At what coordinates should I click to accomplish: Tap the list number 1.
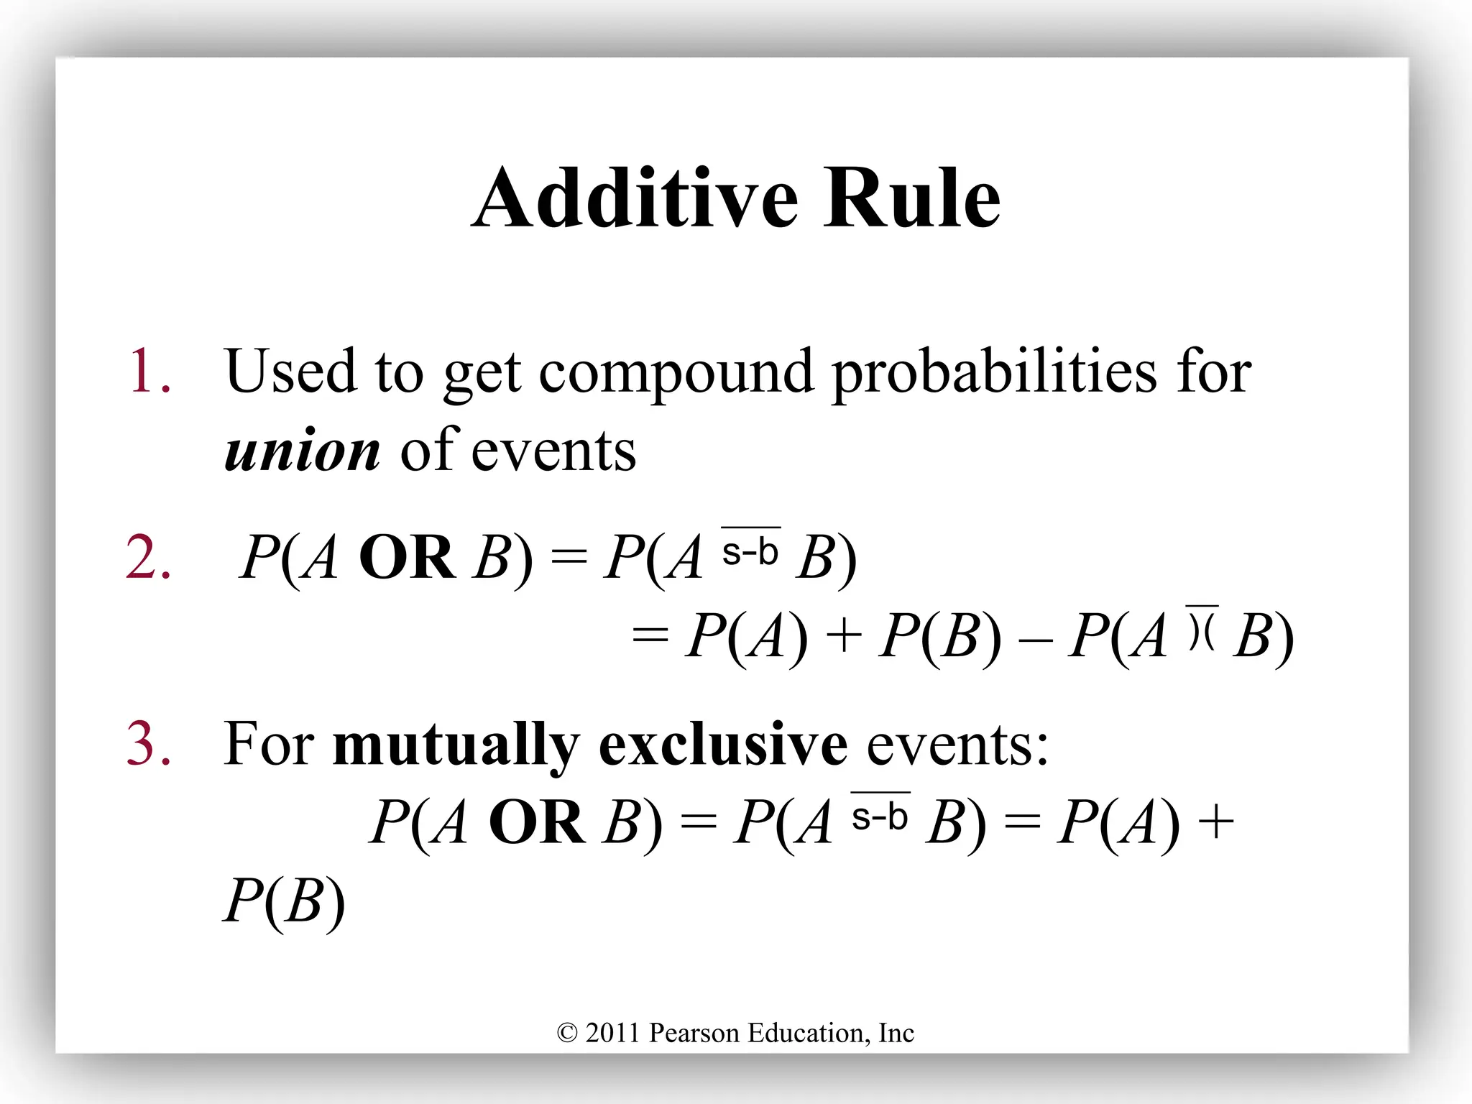pyautogui.click(x=149, y=371)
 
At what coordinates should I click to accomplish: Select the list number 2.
pyautogui.click(x=149, y=558)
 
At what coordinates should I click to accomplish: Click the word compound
pyautogui.click(x=676, y=372)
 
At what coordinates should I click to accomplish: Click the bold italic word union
pyautogui.click(x=303, y=451)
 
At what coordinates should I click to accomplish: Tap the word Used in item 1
pyautogui.click(x=290, y=371)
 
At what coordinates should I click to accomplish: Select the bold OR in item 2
pyautogui.click(x=407, y=558)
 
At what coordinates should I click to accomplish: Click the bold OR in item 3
pyautogui.click(x=537, y=822)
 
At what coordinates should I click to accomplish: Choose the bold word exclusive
pyautogui.click(x=723, y=745)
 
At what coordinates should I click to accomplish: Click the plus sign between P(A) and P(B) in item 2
pyautogui.click(x=844, y=637)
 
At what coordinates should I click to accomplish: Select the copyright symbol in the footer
pyautogui.click(x=567, y=1034)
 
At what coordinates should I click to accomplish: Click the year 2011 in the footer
pyautogui.click(x=612, y=1034)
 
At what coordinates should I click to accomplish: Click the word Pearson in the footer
pyautogui.click(x=694, y=1034)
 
